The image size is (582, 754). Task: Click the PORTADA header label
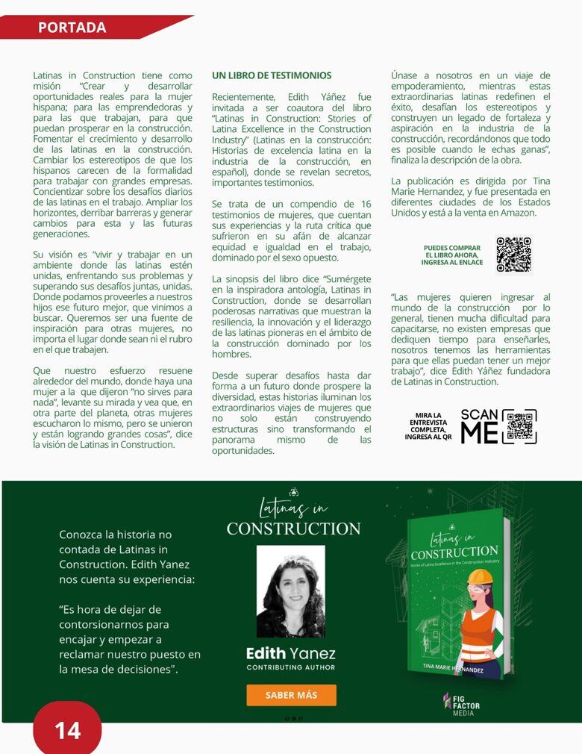pyautogui.click(x=72, y=28)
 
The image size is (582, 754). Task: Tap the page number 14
pyautogui.click(x=67, y=729)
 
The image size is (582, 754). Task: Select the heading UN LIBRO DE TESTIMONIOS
pyautogui.click(x=272, y=75)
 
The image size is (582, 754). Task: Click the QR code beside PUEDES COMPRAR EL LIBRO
pyautogui.click(x=513, y=255)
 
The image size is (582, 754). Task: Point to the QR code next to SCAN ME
pyautogui.click(x=519, y=426)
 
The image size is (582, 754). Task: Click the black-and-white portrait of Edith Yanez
pyautogui.click(x=290, y=591)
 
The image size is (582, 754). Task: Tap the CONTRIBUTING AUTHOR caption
pyautogui.click(x=291, y=667)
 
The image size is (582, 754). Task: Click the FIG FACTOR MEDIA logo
pyautogui.click(x=462, y=703)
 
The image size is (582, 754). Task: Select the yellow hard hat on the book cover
pyautogui.click(x=480, y=577)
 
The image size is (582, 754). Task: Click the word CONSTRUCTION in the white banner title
pyautogui.click(x=293, y=529)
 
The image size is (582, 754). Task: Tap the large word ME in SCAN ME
pyautogui.click(x=479, y=433)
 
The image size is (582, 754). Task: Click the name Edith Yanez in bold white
pyautogui.click(x=291, y=653)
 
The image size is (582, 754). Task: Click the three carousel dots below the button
pyautogui.click(x=293, y=718)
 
